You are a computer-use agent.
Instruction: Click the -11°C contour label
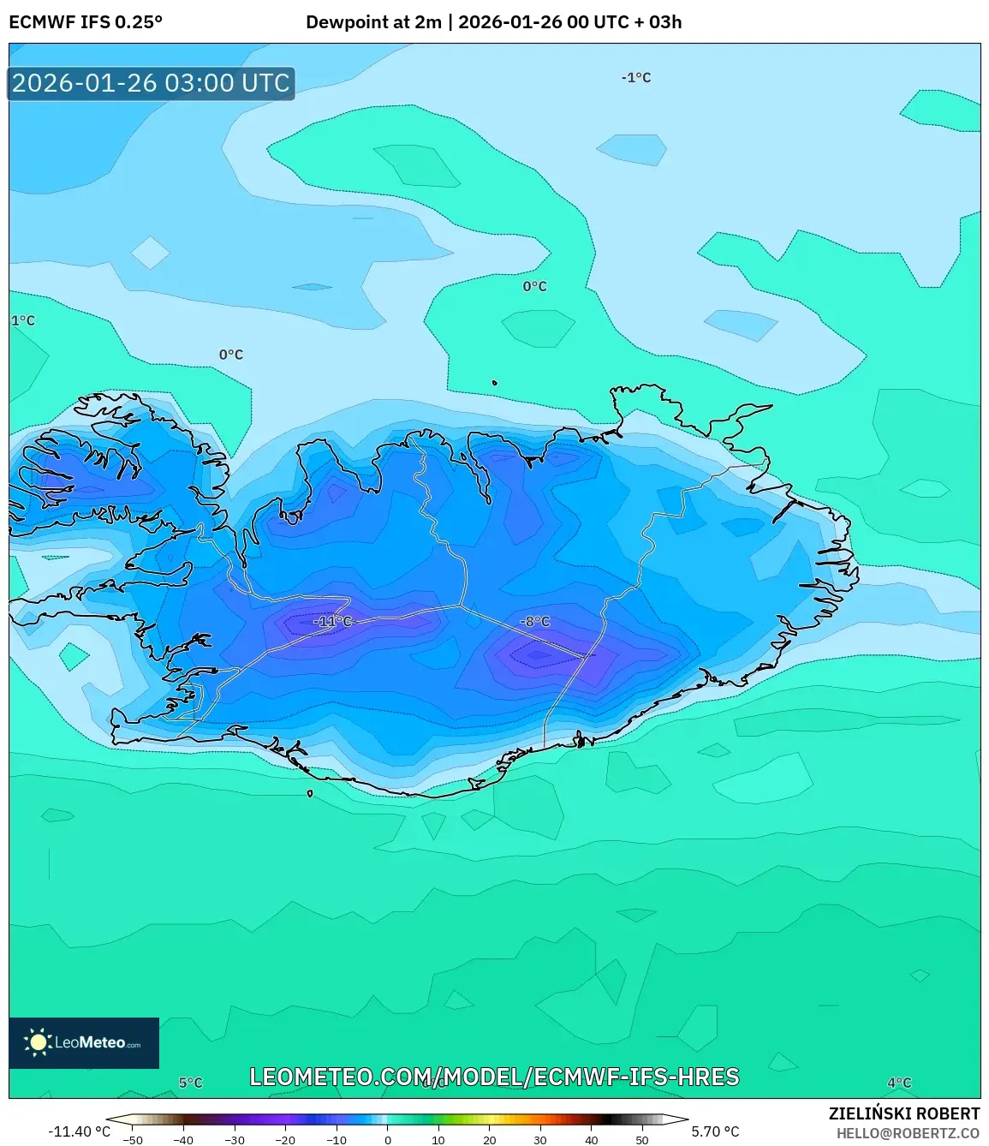pos(332,621)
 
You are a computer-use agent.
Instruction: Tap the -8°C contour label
pos(535,621)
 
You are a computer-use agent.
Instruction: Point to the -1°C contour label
pos(636,77)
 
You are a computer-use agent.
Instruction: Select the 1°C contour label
pos(23,320)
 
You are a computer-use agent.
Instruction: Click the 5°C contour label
pos(191,1083)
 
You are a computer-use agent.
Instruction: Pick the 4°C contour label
pos(899,1083)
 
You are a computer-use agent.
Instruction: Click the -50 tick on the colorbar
pos(133,1140)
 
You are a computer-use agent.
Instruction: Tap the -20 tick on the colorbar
pos(285,1140)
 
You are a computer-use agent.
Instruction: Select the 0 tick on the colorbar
pos(388,1140)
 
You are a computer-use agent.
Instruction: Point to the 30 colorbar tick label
pos(540,1140)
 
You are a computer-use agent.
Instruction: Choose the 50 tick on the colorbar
pos(642,1140)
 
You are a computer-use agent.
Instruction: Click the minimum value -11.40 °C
pos(79,1131)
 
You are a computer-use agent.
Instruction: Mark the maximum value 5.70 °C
pos(715,1131)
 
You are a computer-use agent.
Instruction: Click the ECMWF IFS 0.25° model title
pos(86,22)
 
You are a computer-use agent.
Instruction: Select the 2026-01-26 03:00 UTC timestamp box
pos(152,83)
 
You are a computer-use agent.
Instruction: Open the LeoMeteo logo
pos(84,1042)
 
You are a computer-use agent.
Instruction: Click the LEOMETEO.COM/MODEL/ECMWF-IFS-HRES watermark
pos(494,1077)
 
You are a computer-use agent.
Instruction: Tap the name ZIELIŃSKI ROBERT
pos(904,1113)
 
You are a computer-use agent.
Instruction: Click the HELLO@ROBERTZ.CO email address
pos(908,1133)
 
